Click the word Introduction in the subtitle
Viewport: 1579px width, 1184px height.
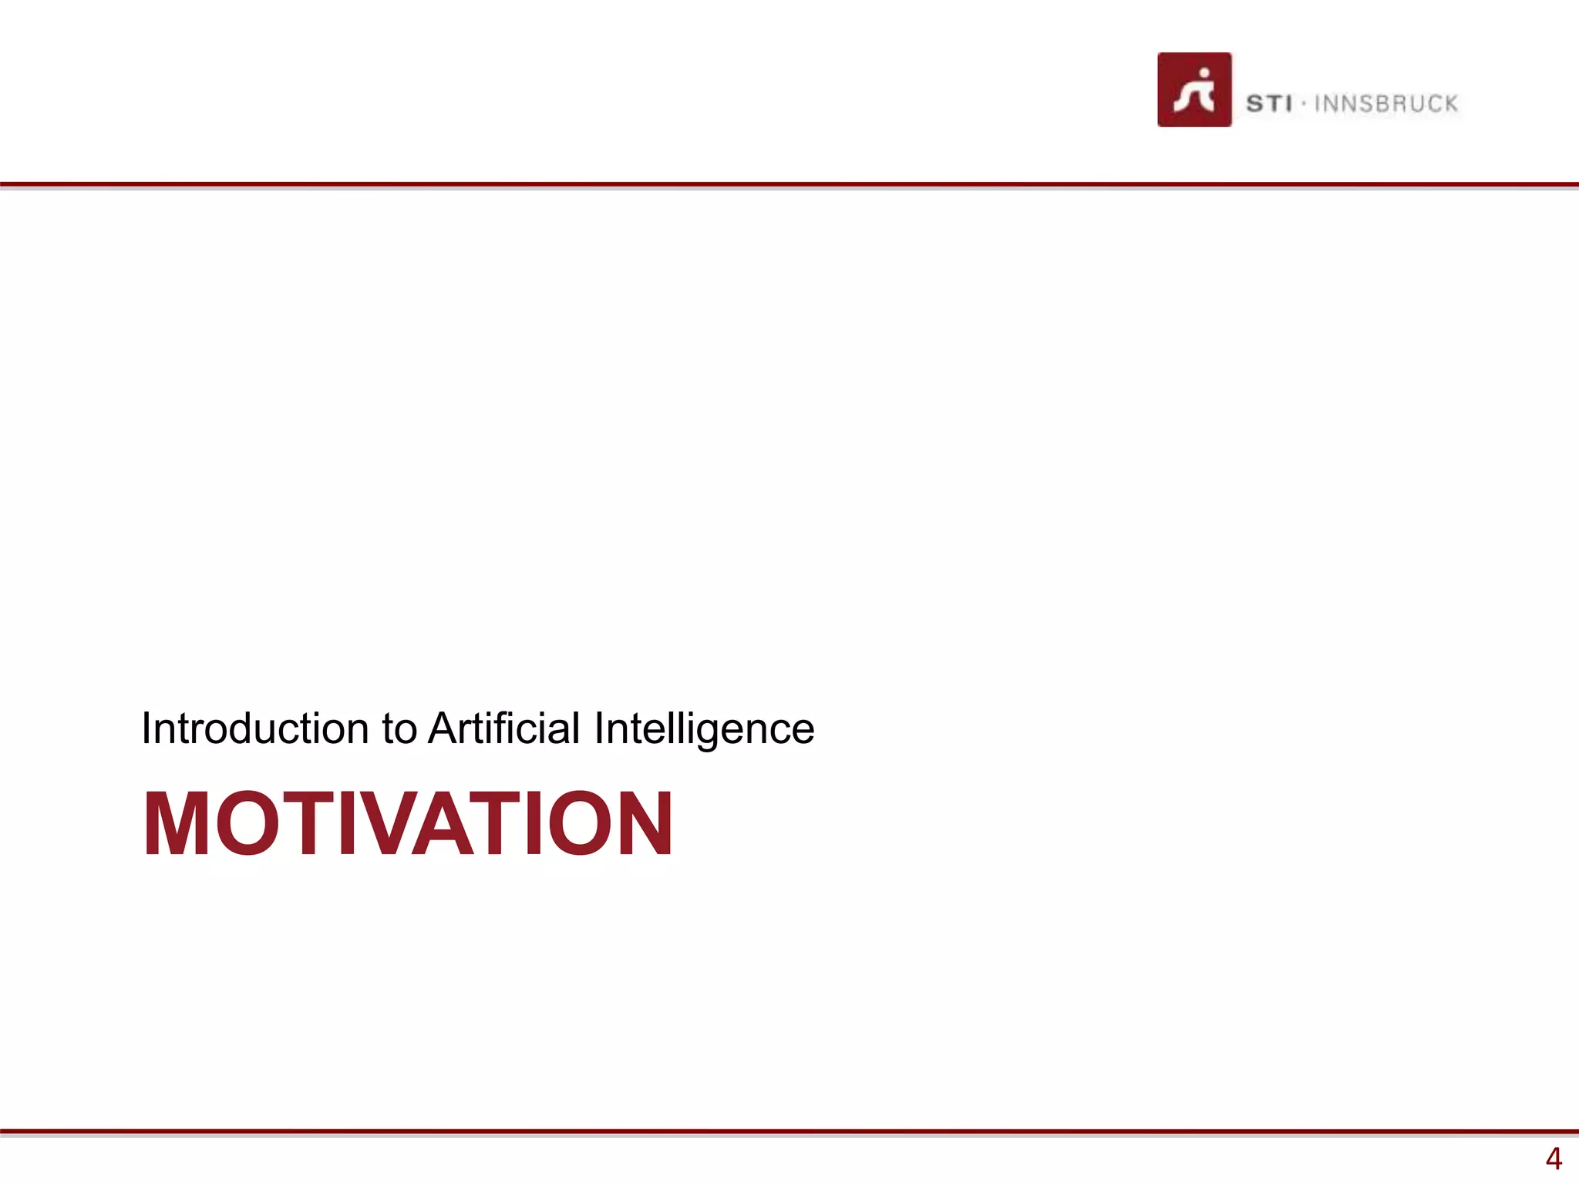(x=255, y=728)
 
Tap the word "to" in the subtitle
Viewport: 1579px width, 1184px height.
(x=399, y=729)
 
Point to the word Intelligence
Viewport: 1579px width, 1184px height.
(x=704, y=729)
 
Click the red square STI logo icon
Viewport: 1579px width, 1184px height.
(x=1194, y=89)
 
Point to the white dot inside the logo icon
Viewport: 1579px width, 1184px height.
(x=1204, y=75)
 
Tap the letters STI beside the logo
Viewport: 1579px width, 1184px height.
(x=1268, y=103)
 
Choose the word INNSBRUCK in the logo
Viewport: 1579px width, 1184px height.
(x=1385, y=103)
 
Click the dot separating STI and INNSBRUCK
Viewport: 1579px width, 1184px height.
(x=1303, y=103)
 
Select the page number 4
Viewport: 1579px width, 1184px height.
(x=1553, y=1159)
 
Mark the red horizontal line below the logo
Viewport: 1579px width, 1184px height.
(x=789, y=185)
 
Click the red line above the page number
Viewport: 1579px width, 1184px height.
(x=789, y=1132)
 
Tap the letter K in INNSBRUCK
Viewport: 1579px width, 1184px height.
(x=1449, y=103)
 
